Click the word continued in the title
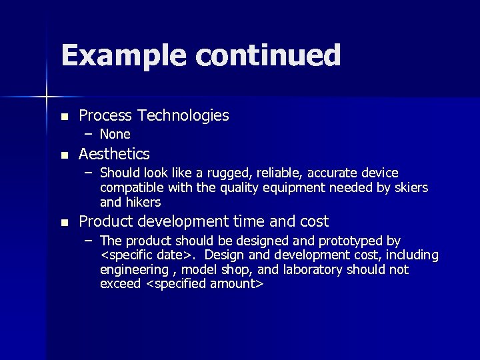pyautogui.click(x=269, y=56)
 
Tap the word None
pyautogui.click(x=115, y=134)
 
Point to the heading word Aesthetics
pyautogui.click(x=114, y=154)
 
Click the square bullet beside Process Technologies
pyautogui.click(x=64, y=117)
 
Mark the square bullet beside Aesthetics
pyautogui.click(x=64, y=155)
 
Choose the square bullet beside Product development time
pyautogui.click(x=64, y=222)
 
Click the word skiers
pyautogui.click(x=409, y=187)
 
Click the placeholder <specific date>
pyautogui.click(x=145, y=255)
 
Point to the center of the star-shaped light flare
pyautogui.click(x=47, y=97)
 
